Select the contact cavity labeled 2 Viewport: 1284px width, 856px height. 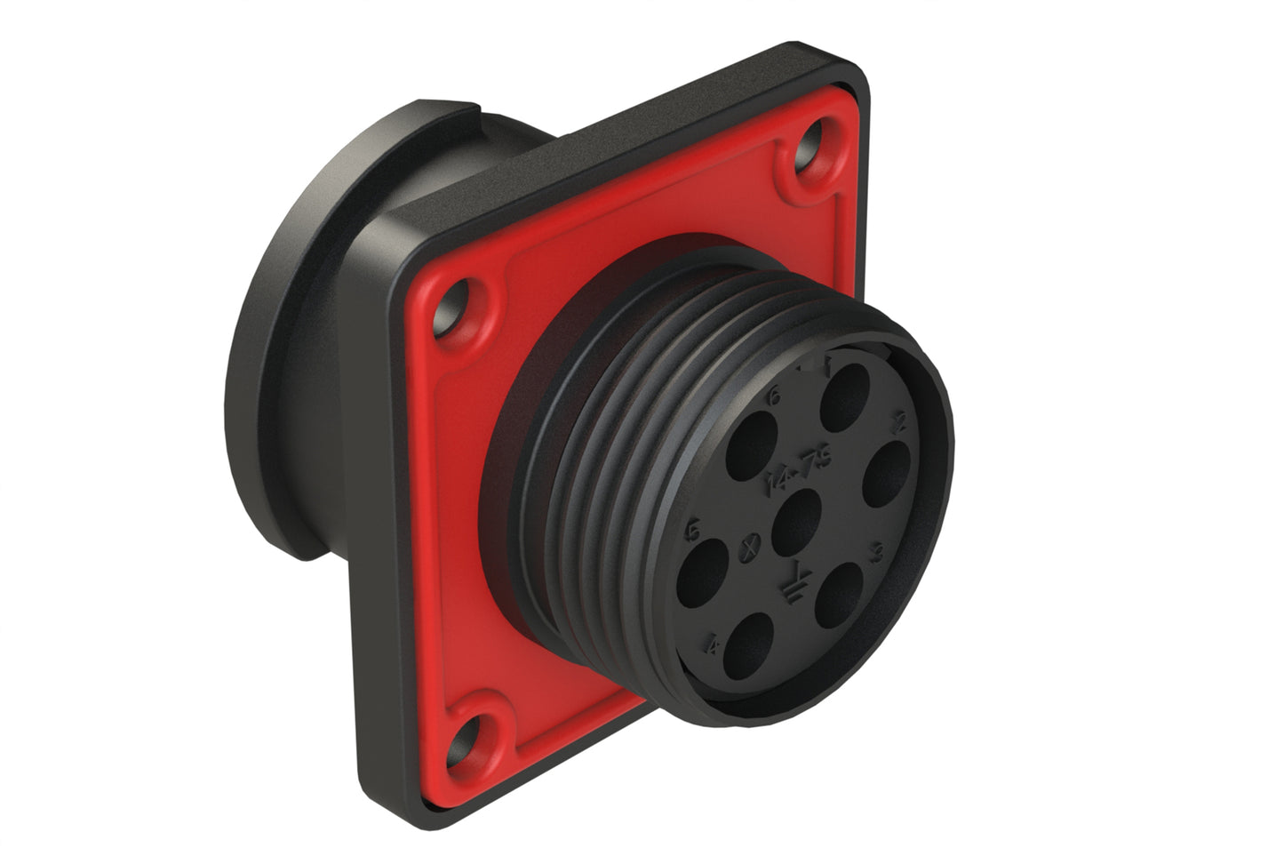[x=887, y=473]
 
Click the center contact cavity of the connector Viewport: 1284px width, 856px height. [x=796, y=520]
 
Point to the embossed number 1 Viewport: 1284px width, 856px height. [x=826, y=362]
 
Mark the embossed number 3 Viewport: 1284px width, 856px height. [x=875, y=556]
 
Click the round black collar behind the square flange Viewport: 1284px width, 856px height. [x=293, y=356]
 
